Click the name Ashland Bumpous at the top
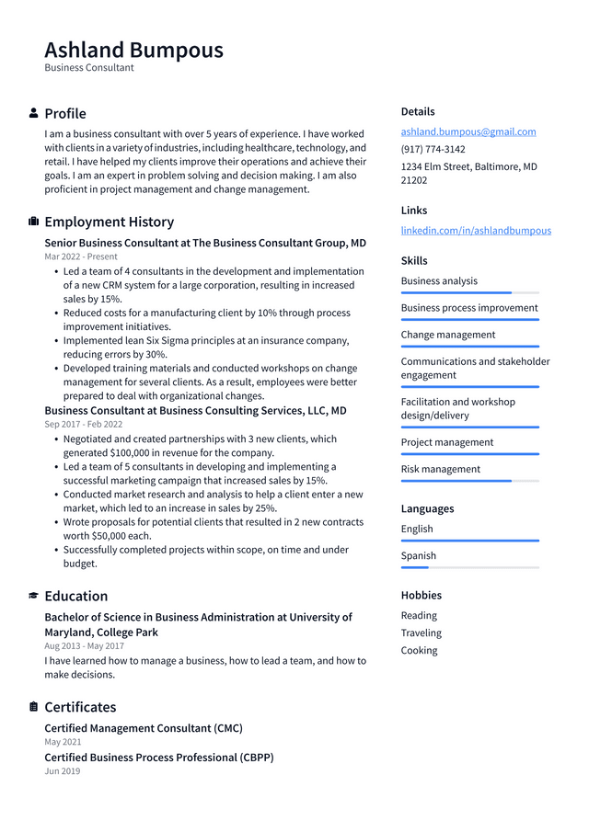[x=133, y=50]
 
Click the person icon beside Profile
[x=34, y=113]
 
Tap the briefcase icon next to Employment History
[x=34, y=222]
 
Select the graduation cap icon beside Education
[x=34, y=596]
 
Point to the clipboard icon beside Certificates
[x=34, y=707]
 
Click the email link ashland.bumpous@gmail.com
[x=468, y=131]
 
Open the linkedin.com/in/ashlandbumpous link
[x=476, y=231]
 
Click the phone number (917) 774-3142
[x=433, y=149]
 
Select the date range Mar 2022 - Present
[x=81, y=257]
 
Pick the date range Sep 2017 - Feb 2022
[x=83, y=425]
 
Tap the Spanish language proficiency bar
[x=469, y=567]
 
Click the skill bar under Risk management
[x=469, y=481]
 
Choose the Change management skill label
[x=448, y=335]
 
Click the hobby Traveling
[x=421, y=633]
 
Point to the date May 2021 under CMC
[x=63, y=742]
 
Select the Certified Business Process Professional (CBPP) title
[x=158, y=758]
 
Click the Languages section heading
[x=427, y=508]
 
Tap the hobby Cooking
[x=419, y=650]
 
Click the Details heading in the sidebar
[x=418, y=111]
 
